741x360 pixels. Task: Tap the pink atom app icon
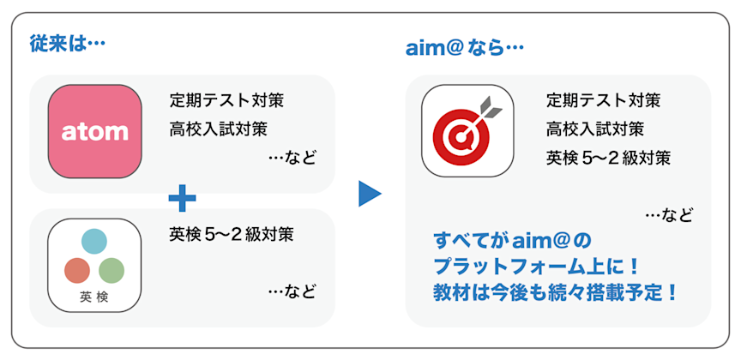[x=94, y=131]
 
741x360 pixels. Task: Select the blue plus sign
[x=182, y=199]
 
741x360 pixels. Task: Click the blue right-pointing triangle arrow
[x=369, y=193]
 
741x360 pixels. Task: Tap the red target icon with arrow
[x=467, y=130]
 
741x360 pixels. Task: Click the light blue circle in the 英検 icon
[x=94, y=242]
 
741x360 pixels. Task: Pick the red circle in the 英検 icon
[x=77, y=271]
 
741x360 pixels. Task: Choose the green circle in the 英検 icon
[x=111, y=271]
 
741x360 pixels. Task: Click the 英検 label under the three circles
[x=94, y=298]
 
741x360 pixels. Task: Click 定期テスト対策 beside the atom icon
[x=226, y=100]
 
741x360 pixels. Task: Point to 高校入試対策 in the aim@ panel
[x=596, y=129]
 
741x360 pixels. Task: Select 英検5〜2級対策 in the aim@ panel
[x=608, y=159]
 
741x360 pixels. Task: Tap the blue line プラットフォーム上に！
[x=539, y=265]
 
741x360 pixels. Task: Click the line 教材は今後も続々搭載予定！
[x=556, y=291]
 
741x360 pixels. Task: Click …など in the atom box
[x=292, y=159]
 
